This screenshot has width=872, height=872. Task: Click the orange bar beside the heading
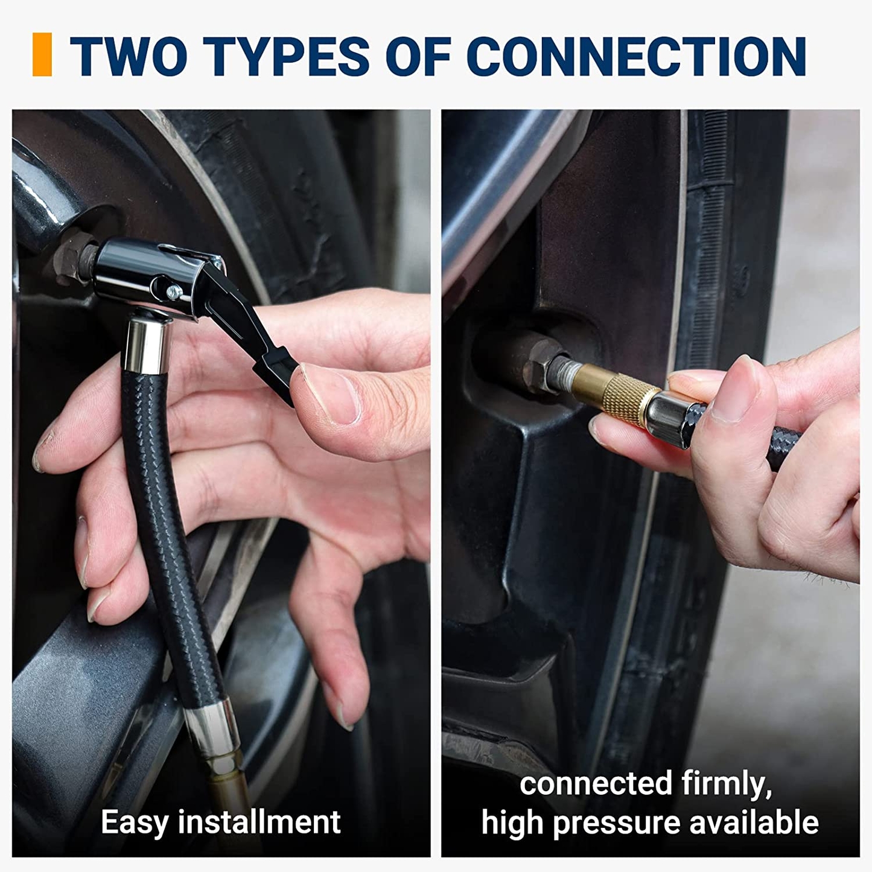(x=42, y=54)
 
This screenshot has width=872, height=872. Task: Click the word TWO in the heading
(x=129, y=56)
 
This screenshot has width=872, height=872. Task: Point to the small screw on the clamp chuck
(x=173, y=292)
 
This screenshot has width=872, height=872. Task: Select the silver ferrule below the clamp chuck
(x=148, y=345)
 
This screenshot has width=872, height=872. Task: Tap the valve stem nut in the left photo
(x=72, y=258)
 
